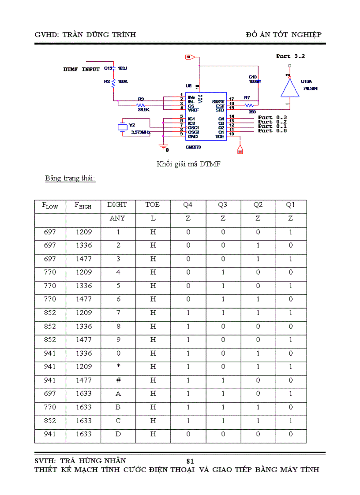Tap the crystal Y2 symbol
[x=123, y=127]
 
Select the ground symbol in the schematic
[x=163, y=147]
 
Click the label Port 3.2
[x=290, y=56]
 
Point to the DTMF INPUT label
[x=81, y=69]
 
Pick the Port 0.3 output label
[x=272, y=117]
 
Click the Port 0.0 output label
[x=272, y=131]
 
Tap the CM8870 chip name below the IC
[x=194, y=147]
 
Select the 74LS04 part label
[x=311, y=88]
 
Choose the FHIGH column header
[x=83, y=205]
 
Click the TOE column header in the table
[x=153, y=205]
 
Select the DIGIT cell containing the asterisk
[x=118, y=367]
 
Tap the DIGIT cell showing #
[x=118, y=380]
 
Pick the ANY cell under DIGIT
[x=117, y=218]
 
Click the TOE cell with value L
[x=153, y=218]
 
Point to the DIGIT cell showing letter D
[x=118, y=434]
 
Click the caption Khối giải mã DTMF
[x=189, y=164]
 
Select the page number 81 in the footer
[x=191, y=461]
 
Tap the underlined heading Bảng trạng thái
[x=70, y=179]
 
